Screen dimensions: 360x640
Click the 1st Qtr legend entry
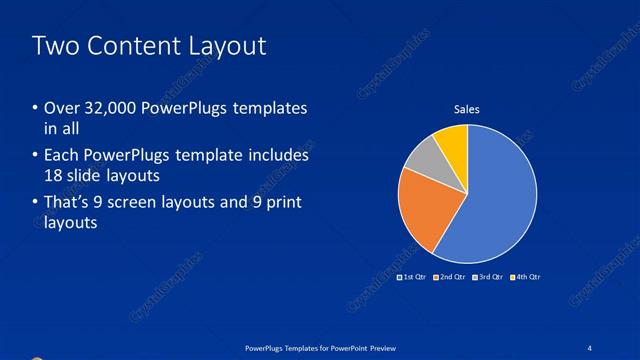coord(413,275)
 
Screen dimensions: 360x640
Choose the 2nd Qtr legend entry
coord(450,275)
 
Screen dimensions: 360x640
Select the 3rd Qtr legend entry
coord(487,275)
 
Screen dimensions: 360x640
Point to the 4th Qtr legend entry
coord(524,275)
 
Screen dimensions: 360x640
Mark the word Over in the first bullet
coord(59,109)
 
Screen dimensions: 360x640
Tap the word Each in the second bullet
coord(59,156)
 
